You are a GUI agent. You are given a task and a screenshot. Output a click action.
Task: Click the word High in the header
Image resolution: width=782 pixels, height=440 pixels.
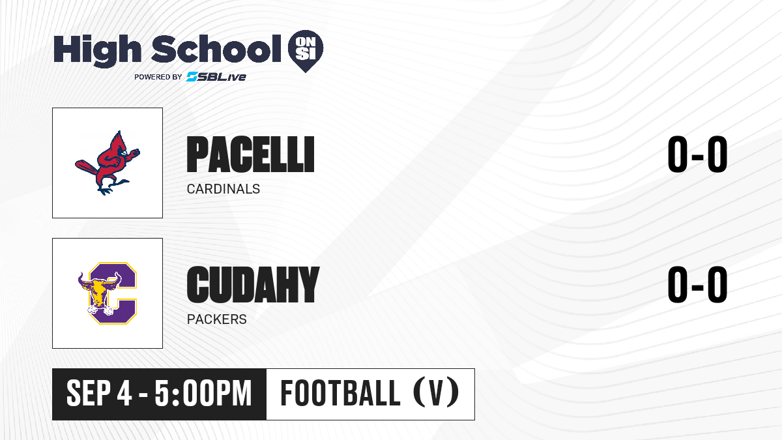(97, 51)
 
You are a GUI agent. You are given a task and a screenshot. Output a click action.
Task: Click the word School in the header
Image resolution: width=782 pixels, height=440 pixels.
(216, 49)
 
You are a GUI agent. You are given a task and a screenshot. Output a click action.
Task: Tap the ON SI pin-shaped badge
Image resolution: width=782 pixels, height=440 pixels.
(306, 51)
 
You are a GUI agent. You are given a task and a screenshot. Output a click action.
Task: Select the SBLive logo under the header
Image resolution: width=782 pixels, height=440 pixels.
(216, 76)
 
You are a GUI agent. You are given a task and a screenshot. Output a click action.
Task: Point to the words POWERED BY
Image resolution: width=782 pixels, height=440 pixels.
(158, 77)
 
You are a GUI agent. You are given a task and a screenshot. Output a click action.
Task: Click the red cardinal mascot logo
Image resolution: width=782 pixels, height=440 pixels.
(108, 163)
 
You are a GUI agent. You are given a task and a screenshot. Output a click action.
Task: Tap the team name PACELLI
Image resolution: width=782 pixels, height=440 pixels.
(251, 154)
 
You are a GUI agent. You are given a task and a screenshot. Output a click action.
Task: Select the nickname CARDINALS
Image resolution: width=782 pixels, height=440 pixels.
(224, 189)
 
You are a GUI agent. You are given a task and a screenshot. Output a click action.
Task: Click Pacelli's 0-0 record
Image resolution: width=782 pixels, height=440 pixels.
(697, 154)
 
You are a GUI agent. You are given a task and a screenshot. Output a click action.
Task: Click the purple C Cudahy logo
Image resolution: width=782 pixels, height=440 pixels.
(108, 293)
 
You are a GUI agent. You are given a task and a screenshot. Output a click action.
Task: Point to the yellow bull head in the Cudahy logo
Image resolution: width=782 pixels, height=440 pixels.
(100, 291)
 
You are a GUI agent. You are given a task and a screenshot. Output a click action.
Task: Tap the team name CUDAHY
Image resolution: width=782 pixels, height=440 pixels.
(253, 285)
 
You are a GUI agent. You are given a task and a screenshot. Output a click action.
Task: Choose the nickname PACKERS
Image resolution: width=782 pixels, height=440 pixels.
(217, 319)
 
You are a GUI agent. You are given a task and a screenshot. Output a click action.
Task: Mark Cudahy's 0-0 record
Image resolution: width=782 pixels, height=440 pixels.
(697, 284)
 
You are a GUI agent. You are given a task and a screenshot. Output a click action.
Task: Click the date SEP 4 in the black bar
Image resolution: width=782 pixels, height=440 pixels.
(99, 394)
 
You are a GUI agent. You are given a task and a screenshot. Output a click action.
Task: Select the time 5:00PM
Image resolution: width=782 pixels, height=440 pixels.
(203, 394)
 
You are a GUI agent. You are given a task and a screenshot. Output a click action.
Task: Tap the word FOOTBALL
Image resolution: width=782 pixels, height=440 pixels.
(340, 393)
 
